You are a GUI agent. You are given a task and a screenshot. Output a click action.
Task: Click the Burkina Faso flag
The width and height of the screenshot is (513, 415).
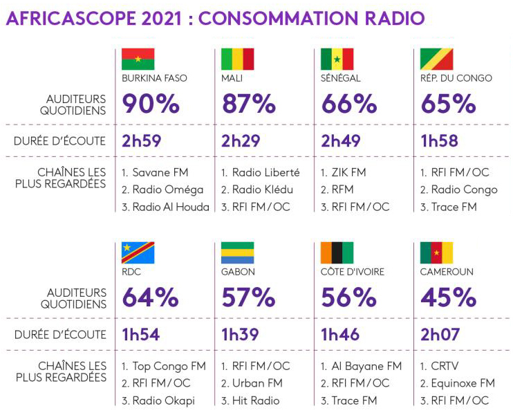coord(138,59)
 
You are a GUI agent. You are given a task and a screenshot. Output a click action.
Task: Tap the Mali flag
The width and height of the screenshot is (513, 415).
coord(237,59)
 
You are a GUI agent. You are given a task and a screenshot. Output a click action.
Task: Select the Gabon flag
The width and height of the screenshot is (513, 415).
coord(237,253)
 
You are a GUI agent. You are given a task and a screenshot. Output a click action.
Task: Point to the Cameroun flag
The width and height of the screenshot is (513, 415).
coord(436,253)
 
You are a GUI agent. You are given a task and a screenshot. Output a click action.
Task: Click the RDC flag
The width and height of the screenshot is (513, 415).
coord(138,253)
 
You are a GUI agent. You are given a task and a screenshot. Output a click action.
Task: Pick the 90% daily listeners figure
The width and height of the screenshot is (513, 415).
coord(151,104)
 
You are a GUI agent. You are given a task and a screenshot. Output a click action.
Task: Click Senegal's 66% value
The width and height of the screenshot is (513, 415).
coord(349,104)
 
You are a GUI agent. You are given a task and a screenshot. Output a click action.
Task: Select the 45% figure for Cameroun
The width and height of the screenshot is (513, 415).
coord(448,297)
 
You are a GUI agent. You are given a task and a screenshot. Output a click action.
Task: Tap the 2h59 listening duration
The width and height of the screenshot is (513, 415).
coord(142,142)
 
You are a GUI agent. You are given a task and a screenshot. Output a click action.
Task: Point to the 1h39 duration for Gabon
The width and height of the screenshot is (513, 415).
coord(241,335)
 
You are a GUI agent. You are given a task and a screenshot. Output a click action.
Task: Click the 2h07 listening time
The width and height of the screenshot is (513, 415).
coord(440,335)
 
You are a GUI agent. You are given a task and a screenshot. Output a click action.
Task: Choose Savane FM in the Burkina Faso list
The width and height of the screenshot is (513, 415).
coord(160,172)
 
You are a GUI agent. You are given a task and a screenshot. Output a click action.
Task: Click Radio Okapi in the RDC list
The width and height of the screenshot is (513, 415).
coord(165,400)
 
